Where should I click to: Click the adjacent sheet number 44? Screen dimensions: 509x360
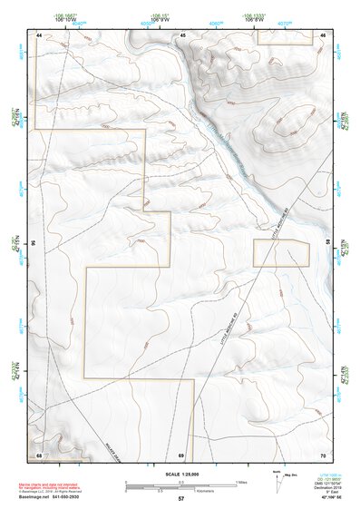point(39,34)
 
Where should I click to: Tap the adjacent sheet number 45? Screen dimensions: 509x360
point(182,34)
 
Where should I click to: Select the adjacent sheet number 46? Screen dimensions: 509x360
point(324,34)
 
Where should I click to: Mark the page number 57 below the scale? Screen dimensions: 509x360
point(181,500)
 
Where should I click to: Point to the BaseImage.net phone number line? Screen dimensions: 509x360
point(56,497)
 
